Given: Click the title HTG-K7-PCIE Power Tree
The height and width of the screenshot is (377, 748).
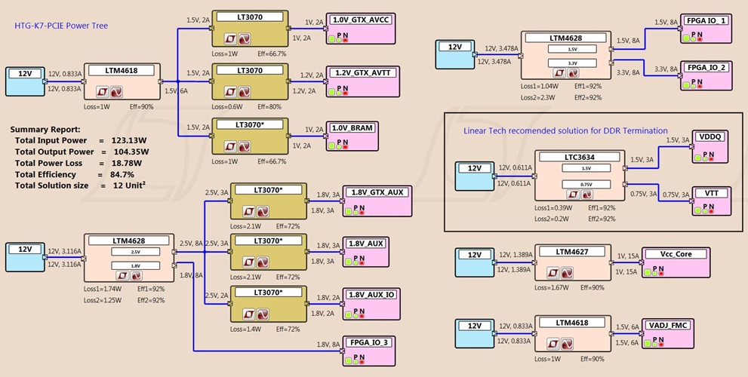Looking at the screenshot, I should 61,26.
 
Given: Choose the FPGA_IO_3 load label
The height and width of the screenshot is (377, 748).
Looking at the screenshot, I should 370,342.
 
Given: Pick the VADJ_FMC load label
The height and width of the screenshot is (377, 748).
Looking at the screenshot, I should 669,325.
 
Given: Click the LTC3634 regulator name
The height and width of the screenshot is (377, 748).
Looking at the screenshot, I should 580,157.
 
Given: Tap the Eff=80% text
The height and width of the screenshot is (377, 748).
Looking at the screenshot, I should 280,106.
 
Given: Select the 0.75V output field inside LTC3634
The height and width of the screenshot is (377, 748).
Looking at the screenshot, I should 580,185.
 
